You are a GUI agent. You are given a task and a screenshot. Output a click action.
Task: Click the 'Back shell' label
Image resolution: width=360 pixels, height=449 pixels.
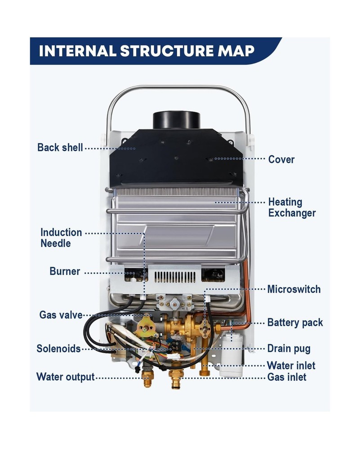click(60, 147)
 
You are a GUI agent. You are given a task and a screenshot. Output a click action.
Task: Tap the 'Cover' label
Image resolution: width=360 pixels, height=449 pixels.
click(281, 159)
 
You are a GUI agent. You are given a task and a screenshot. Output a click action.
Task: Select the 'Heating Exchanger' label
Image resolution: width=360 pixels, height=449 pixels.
click(292, 207)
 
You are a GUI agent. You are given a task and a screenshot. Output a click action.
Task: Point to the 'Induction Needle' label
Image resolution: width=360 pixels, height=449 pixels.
click(61, 238)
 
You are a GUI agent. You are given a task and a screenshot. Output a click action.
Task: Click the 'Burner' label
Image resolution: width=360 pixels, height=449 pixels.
click(65, 272)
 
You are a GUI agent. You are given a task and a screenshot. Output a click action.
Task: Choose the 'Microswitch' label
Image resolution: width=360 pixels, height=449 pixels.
click(294, 289)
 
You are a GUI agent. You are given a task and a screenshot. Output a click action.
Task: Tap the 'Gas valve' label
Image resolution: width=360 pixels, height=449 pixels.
click(61, 315)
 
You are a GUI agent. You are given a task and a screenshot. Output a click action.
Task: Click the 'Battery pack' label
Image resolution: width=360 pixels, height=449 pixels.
click(295, 322)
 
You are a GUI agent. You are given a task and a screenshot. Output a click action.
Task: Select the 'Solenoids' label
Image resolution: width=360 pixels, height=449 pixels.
click(58, 348)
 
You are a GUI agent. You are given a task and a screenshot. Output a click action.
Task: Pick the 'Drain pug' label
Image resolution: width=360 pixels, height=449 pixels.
click(289, 348)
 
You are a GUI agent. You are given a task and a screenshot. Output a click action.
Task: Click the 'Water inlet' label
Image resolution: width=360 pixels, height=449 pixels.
click(291, 365)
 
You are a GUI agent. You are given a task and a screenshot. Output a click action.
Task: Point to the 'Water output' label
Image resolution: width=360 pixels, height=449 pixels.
click(66, 376)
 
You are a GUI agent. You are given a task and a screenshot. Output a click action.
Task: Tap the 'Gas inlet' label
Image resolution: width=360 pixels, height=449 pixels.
click(287, 377)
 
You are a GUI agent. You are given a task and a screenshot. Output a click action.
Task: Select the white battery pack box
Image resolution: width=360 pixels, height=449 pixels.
click(232, 355)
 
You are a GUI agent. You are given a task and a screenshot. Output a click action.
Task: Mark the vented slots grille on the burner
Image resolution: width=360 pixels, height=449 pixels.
click(175, 277)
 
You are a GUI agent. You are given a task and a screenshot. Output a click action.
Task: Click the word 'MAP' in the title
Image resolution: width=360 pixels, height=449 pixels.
click(237, 51)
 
